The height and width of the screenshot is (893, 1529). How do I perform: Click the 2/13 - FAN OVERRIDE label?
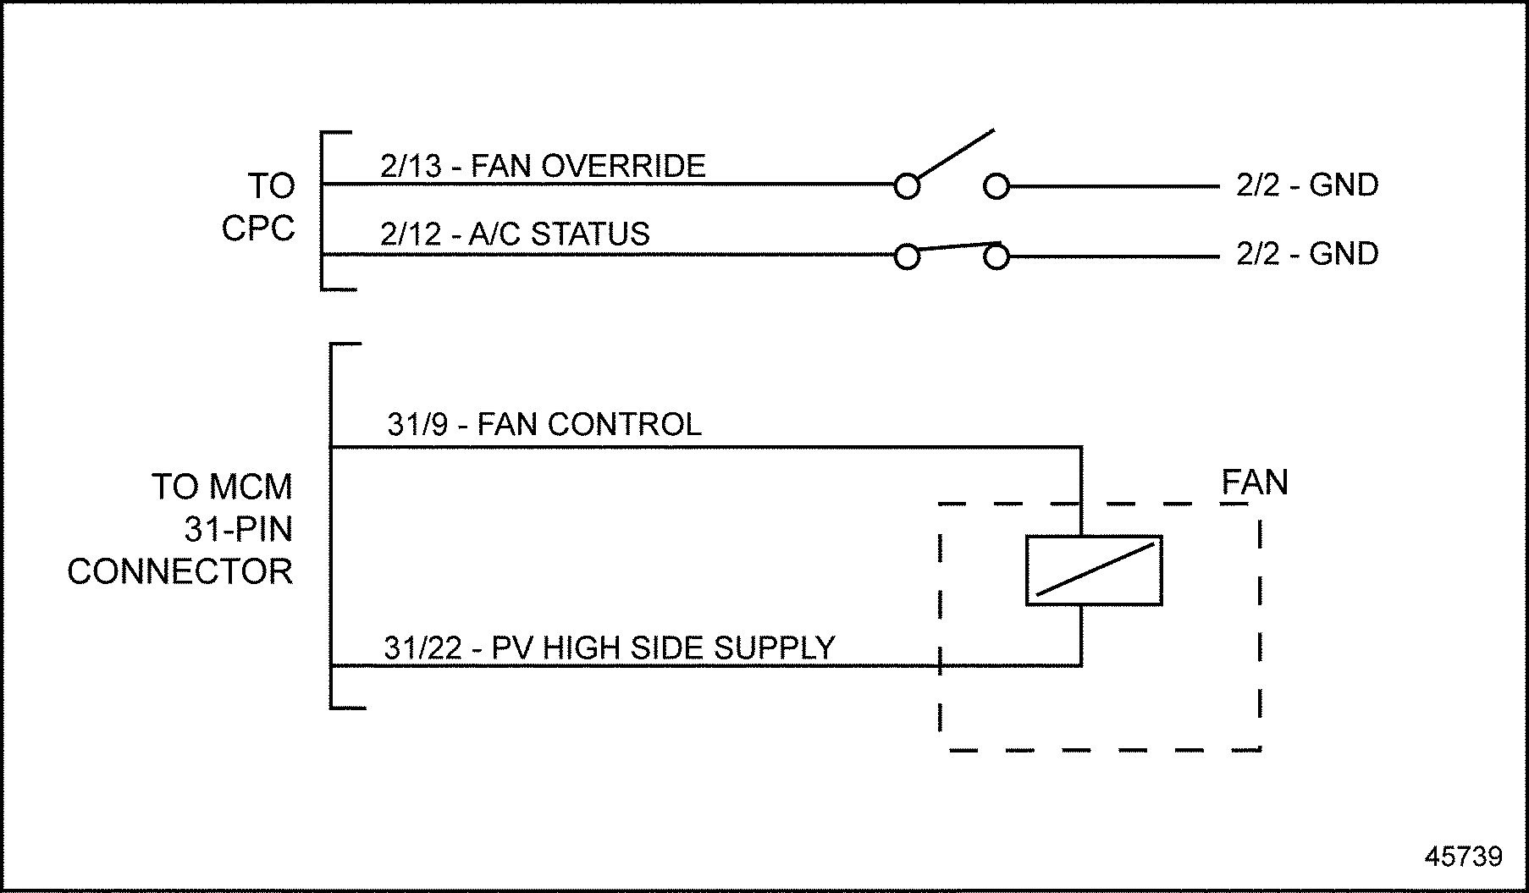[543, 166]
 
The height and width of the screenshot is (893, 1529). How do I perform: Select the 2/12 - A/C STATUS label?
[515, 234]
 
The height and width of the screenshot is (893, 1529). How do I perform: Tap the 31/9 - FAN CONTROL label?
[544, 424]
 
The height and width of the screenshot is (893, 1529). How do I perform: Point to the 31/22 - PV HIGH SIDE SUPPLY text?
[610, 648]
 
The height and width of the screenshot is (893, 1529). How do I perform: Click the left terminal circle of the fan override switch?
[907, 186]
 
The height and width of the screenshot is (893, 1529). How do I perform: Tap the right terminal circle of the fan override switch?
[996, 186]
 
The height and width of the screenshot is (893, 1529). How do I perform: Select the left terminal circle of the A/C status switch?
[907, 256]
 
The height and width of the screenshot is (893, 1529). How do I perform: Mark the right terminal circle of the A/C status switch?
[996, 256]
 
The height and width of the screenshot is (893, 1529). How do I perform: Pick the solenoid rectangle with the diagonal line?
[1094, 571]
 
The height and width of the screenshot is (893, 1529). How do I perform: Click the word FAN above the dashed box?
[1255, 482]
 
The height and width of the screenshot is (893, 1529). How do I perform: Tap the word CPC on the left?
[258, 229]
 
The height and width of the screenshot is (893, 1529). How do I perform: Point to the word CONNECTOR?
[179, 572]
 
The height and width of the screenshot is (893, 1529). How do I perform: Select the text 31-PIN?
[238, 530]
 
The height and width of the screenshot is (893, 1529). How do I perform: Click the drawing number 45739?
[1463, 857]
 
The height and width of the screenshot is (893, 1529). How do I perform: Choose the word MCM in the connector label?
[251, 488]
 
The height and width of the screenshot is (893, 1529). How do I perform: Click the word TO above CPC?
[271, 186]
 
